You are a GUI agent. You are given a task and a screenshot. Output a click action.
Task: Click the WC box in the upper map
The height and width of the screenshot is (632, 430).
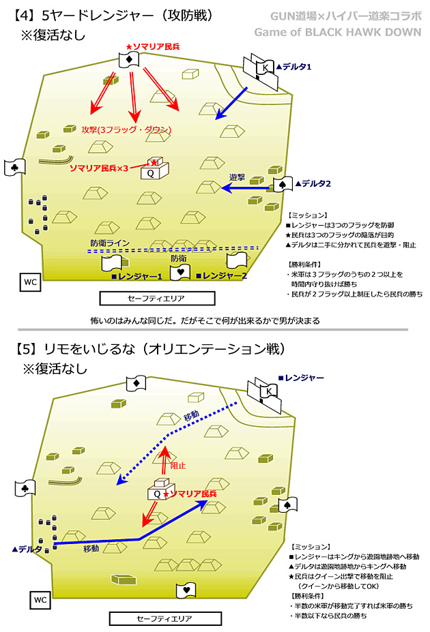tap(29, 282)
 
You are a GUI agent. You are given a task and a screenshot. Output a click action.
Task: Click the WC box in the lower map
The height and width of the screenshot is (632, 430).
tap(39, 600)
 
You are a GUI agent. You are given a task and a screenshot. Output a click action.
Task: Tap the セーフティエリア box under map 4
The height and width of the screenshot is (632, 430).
tap(156, 299)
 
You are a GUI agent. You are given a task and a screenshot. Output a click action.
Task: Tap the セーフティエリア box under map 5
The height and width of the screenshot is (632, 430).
tap(165, 618)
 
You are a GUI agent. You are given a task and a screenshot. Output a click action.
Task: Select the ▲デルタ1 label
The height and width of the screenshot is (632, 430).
tap(294, 67)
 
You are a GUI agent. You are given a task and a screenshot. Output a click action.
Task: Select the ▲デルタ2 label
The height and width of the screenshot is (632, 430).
tap(312, 183)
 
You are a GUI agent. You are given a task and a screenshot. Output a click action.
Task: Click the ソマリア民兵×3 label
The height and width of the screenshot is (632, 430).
tap(99, 168)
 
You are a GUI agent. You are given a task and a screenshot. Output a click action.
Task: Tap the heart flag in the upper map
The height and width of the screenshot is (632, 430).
tap(180, 272)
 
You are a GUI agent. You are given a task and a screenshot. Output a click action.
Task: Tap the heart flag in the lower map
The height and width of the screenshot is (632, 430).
tap(186, 589)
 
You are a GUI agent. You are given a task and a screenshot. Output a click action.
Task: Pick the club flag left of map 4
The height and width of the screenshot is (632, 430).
tap(14, 166)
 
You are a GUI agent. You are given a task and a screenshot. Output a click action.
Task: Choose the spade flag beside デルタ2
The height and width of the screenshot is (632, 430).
tap(283, 184)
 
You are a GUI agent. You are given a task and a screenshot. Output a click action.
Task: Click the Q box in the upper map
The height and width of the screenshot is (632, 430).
tap(152, 173)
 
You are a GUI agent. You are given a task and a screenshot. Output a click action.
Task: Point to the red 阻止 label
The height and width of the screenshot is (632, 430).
tap(177, 465)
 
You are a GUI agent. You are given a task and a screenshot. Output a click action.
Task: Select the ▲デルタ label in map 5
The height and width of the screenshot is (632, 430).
tap(28, 548)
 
